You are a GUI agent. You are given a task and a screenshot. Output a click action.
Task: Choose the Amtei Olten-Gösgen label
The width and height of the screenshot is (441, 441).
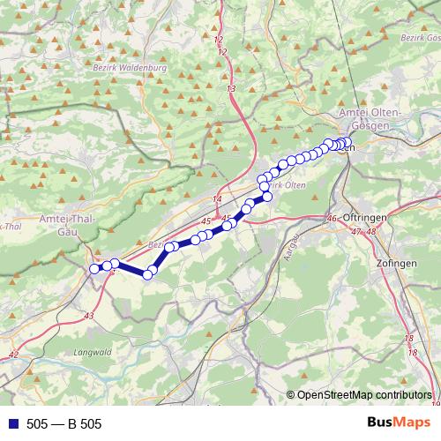[x=371, y=121]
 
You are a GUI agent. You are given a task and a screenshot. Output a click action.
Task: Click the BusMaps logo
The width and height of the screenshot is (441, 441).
[x=398, y=422]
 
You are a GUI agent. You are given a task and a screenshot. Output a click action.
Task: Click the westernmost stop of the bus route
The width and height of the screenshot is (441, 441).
[x=95, y=268]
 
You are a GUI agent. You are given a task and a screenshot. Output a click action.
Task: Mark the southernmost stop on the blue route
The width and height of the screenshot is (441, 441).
[x=147, y=274]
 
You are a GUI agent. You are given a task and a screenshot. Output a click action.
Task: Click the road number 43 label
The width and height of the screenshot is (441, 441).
[x=89, y=315]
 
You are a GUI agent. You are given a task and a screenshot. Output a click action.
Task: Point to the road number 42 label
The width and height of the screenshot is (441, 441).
[x=12, y=355]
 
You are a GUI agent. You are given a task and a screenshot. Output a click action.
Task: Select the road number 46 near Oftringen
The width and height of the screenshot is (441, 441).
[x=332, y=219]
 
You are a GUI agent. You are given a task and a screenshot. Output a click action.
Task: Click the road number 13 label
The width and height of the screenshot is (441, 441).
[x=231, y=89]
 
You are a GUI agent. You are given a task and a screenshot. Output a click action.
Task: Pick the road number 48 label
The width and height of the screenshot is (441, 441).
[x=370, y=231]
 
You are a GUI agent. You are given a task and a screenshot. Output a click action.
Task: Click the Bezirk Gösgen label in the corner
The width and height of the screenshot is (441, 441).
[x=420, y=39]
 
